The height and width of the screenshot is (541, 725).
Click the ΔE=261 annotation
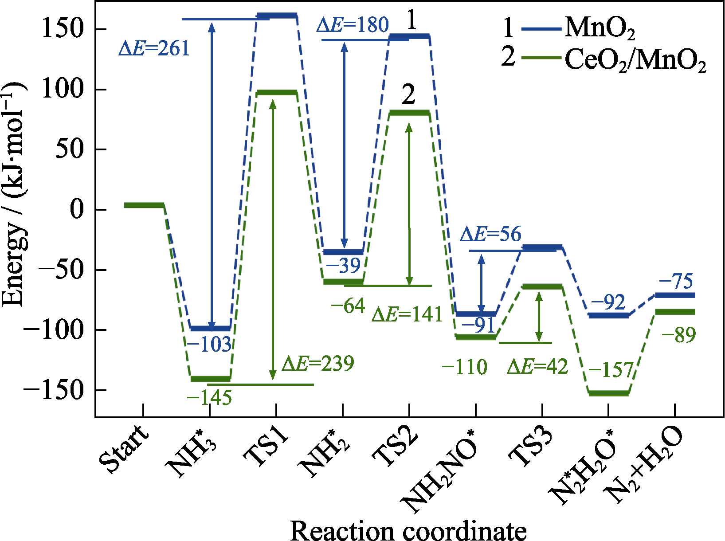154,48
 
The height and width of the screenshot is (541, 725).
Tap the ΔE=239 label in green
318,364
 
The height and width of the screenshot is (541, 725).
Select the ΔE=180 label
353,25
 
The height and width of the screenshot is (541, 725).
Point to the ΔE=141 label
407,314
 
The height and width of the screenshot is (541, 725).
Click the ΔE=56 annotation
490,234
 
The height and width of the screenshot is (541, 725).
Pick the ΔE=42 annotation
537,367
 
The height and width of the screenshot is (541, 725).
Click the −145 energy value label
209,398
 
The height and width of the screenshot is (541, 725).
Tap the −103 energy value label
209,345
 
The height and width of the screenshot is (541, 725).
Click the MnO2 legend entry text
600,28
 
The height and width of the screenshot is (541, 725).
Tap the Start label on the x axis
124,449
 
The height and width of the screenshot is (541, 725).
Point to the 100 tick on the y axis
62,90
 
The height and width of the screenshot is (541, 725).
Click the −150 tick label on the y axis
54,390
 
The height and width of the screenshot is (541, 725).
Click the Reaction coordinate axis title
408,530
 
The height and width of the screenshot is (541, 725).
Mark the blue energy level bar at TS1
277,16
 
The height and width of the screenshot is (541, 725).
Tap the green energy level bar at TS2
409,113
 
